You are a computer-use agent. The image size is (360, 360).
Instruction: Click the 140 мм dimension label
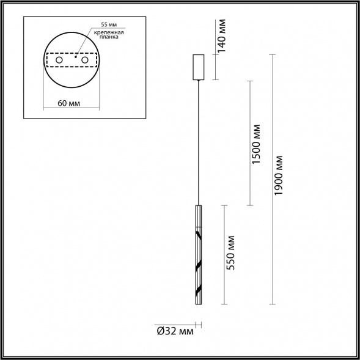pyautogui.click(x=222, y=35)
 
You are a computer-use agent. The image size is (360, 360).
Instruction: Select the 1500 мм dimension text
pyautogui.click(x=257, y=144)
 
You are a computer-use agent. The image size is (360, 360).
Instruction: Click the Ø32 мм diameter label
pyautogui.click(x=175, y=331)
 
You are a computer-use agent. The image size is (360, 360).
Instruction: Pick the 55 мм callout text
pyautogui.click(x=108, y=24)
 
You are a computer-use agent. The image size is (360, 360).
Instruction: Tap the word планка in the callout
pyautogui.click(x=110, y=37)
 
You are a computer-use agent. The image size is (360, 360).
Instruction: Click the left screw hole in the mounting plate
pyautogui.click(x=59, y=61)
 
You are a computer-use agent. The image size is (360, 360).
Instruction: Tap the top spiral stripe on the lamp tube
pyautogui.click(x=198, y=233)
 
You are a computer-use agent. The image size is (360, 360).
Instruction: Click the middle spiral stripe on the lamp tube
pyautogui.click(x=198, y=267)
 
